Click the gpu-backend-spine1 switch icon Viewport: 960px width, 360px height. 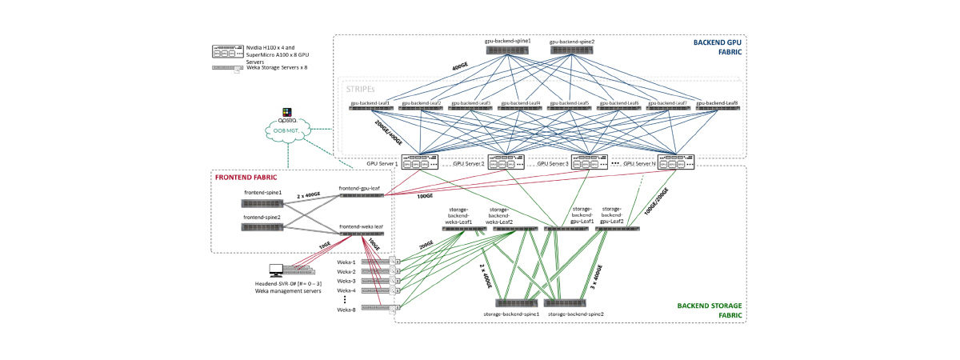(507, 50)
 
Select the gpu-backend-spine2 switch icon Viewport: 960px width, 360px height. (572, 50)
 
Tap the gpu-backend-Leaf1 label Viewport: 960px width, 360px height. (370, 103)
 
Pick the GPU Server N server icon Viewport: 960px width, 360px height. (675, 162)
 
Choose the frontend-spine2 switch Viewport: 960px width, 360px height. (262, 226)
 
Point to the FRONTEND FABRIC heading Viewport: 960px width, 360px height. (246, 178)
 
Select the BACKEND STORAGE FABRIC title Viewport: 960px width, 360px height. (710, 310)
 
